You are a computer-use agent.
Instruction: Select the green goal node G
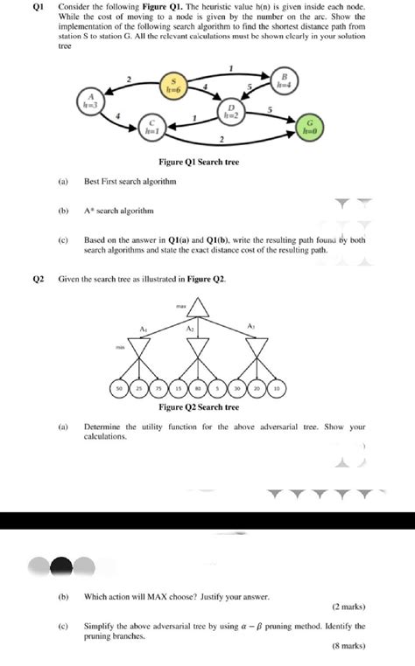coord(309,127)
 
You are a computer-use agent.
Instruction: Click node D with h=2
coord(230,110)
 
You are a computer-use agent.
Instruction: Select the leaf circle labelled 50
coord(120,386)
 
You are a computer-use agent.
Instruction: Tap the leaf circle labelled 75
coord(159,386)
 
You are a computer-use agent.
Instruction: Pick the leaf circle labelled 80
coord(199,386)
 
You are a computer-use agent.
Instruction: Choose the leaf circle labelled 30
coord(237,386)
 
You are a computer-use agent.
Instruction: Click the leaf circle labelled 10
coord(277,386)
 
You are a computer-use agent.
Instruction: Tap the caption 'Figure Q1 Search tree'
coord(199,163)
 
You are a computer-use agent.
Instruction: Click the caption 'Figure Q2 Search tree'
coord(199,407)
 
